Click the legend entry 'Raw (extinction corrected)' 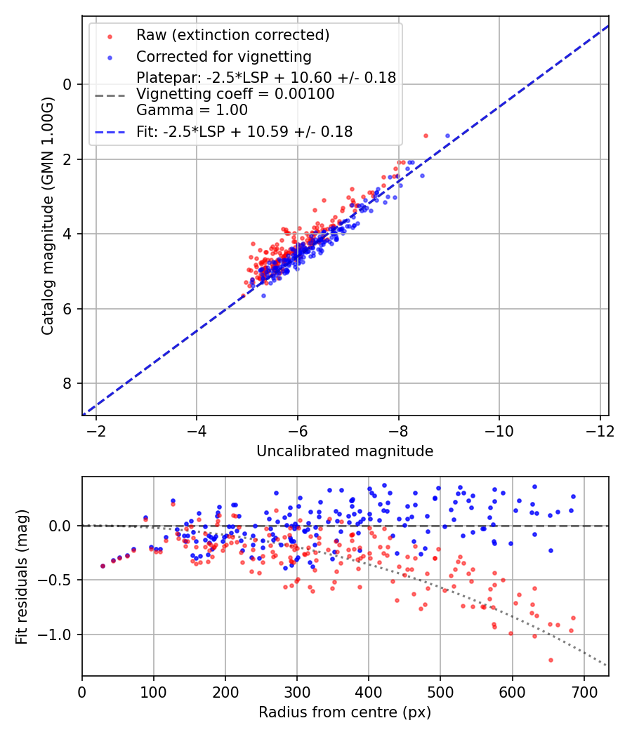232,35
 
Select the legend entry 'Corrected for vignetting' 223,56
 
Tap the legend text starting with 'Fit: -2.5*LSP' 244,131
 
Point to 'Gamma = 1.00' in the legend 192,109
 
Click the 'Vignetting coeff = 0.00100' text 235,93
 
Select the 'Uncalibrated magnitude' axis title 345,451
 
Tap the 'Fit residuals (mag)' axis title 22,577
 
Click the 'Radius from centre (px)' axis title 345,712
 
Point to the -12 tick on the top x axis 600,430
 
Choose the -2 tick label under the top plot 96,430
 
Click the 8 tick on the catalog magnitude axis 68,383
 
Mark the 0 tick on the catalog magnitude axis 68,84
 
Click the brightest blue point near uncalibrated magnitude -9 447,135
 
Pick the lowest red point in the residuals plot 551,660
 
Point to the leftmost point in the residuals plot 103,566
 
